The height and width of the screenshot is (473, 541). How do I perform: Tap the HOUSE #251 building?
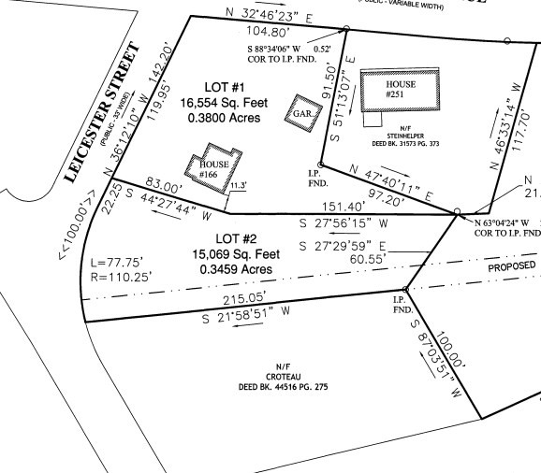401,90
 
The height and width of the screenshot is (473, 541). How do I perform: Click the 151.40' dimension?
341,207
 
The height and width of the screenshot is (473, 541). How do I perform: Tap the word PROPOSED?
513,265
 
